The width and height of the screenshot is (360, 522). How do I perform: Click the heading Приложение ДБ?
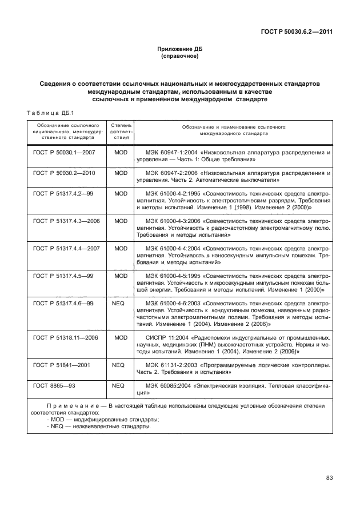pyautogui.click(x=179, y=50)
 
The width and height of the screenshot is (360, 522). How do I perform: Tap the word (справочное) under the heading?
pyautogui.click(x=179, y=57)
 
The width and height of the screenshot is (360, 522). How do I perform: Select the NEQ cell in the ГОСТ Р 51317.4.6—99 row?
pyautogui.click(x=119, y=302)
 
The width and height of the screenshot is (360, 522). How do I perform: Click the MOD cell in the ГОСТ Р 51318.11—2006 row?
pyautogui.click(x=120, y=337)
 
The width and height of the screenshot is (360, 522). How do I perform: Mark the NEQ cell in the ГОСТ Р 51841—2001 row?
pyautogui.click(x=119, y=364)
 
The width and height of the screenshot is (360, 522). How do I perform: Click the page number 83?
pyautogui.click(x=329, y=478)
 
